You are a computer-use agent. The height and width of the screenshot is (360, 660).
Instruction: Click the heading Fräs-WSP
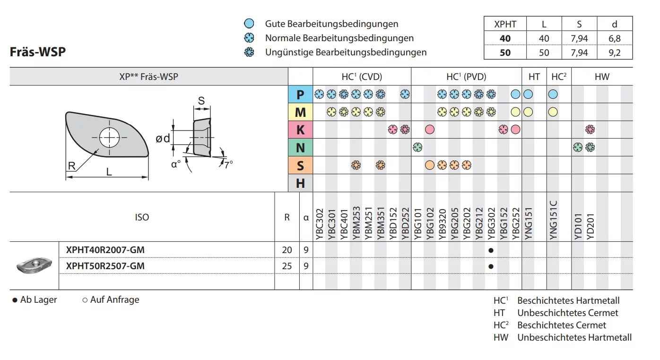pyautogui.click(x=38, y=52)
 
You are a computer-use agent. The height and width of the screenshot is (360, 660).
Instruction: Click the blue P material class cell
pyautogui.click(x=300, y=95)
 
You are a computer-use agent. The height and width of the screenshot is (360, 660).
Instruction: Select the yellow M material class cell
pyautogui.click(x=300, y=112)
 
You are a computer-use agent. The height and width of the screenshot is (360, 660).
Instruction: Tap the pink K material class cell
pyautogui.click(x=300, y=130)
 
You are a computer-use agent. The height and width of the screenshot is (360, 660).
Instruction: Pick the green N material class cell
pyautogui.click(x=300, y=148)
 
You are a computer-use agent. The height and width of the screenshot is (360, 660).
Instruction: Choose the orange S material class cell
pyautogui.click(x=300, y=166)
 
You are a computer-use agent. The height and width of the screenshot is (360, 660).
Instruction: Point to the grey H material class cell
pyautogui.click(x=300, y=183)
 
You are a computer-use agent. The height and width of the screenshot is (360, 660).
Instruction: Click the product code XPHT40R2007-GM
pyautogui.click(x=105, y=249)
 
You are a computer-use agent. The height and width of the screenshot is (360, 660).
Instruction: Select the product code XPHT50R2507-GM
pyautogui.click(x=105, y=266)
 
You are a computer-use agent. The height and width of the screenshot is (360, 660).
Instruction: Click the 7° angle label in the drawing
pyautogui.click(x=228, y=165)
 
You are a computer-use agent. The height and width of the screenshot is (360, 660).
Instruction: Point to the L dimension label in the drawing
pyautogui.click(x=109, y=172)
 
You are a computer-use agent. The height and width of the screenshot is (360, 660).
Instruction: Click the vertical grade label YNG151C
pyautogui.click(x=554, y=220)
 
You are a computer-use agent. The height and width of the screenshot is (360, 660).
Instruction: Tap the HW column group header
pyautogui.click(x=602, y=77)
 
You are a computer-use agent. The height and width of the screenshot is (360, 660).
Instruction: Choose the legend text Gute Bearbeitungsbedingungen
pyautogui.click(x=331, y=24)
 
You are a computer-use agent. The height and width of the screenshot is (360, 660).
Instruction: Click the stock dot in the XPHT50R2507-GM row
pyautogui.click(x=491, y=266)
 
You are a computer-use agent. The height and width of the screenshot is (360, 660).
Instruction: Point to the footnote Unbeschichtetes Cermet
pyautogui.click(x=567, y=313)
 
